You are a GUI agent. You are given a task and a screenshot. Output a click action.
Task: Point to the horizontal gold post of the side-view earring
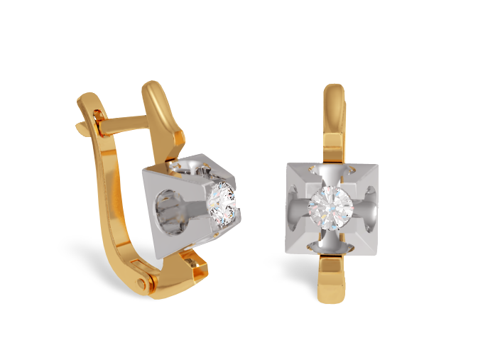point(124,129)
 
